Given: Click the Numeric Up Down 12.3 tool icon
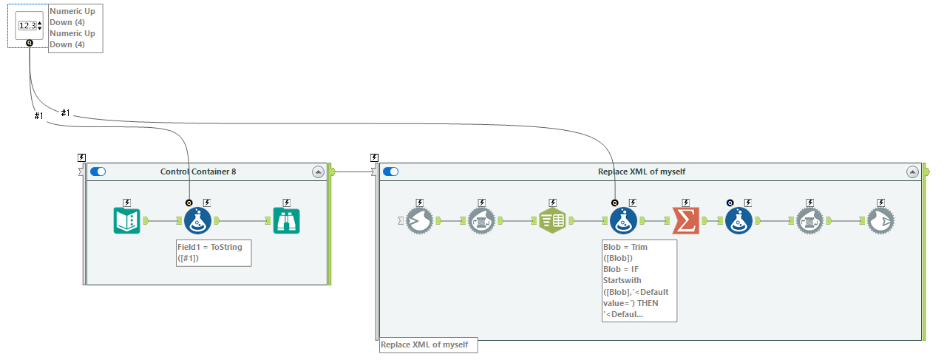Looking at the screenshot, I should pos(29,25).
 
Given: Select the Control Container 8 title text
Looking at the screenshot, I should pos(198,171).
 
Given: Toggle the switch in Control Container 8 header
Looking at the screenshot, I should pos(98,171).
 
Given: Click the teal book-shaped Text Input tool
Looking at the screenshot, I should pos(126,220).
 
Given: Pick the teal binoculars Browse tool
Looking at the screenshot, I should pos(286,220).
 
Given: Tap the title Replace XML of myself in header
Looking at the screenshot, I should pos(641,171).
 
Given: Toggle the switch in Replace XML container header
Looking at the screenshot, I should pos(390,171).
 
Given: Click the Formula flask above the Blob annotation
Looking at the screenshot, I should pos(623,220).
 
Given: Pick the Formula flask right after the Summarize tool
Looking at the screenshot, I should pos(738,220).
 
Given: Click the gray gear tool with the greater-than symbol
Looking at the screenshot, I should pos(418,220).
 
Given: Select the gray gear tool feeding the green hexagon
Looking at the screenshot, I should pos(482,220).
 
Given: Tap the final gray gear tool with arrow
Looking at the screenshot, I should pos(880,220).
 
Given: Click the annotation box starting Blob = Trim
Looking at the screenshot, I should pos(639,280).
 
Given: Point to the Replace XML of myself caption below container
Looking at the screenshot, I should pos(428,345).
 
